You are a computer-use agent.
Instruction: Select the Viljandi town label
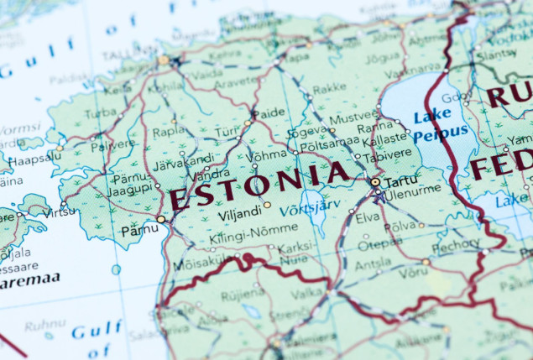tap(239, 214)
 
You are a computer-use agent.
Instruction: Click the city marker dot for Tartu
tap(375, 181)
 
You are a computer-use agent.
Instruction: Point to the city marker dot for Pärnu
tap(160, 219)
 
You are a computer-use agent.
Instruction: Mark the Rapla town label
tap(168, 131)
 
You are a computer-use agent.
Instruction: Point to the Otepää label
tap(380, 244)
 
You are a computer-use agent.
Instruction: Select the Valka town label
tap(307, 292)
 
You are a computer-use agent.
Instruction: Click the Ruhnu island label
tap(44, 324)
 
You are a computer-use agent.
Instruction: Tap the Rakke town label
tap(329, 86)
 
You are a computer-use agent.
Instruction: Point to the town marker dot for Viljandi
tap(267, 205)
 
